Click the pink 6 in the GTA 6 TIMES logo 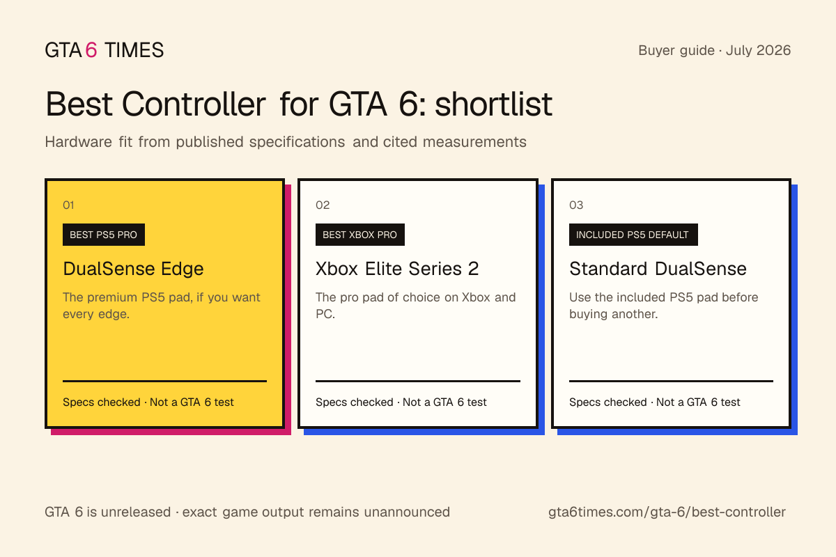[91, 50]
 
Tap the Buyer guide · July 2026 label [714, 50]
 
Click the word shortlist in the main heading [493, 104]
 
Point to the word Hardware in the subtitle [78, 142]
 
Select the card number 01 [68, 205]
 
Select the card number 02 [323, 205]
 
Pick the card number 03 [576, 205]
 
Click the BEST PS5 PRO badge [104, 235]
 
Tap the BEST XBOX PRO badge [359, 235]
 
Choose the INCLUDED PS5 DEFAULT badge [633, 235]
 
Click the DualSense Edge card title [133, 269]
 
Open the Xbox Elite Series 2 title [397, 269]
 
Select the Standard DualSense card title [658, 269]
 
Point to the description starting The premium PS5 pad [161, 306]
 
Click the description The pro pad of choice [415, 306]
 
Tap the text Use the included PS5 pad [663, 306]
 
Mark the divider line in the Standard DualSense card [671, 381]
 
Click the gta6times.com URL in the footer [667, 512]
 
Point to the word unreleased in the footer [136, 512]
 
